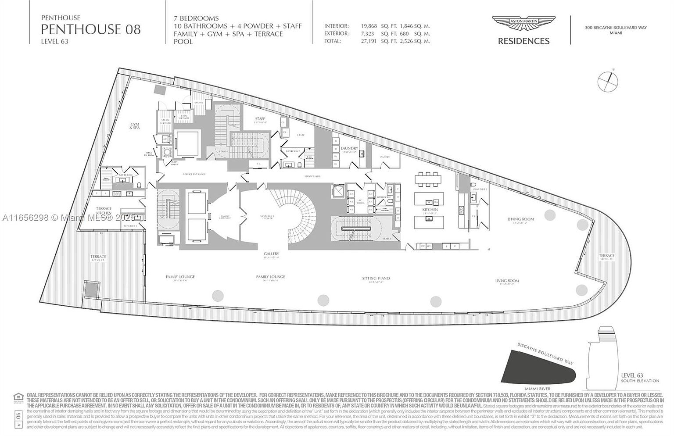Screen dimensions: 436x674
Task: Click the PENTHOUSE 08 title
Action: [x=91, y=29]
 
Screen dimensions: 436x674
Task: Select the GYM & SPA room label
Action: [x=134, y=127]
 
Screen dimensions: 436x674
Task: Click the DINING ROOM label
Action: [x=520, y=219]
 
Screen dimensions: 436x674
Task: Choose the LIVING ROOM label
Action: [x=507, y=281]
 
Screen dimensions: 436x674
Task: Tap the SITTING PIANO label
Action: [x=376, y=279]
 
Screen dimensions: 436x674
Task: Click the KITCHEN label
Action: [x=430, y=210]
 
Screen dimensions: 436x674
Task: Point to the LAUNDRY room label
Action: [x=349, y=149]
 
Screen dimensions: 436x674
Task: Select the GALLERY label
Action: [x=272, y=254]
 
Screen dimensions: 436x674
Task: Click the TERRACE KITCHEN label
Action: [x=104, y=211]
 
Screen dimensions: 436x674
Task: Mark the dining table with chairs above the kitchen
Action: [x=428, y=178]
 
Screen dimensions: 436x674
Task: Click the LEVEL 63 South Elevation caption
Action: [x=640, y=378]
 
